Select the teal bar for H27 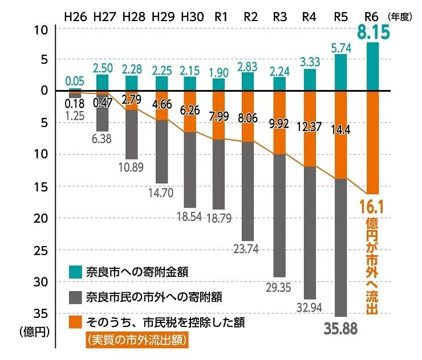click(x=102, y=82)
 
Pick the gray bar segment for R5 click(x=340, y=248)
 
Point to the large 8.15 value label click(x=373, y=32)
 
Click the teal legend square click(x=74, y=270)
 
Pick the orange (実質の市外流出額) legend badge click(x=137, y=340)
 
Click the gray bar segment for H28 click(x=132, y=134)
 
